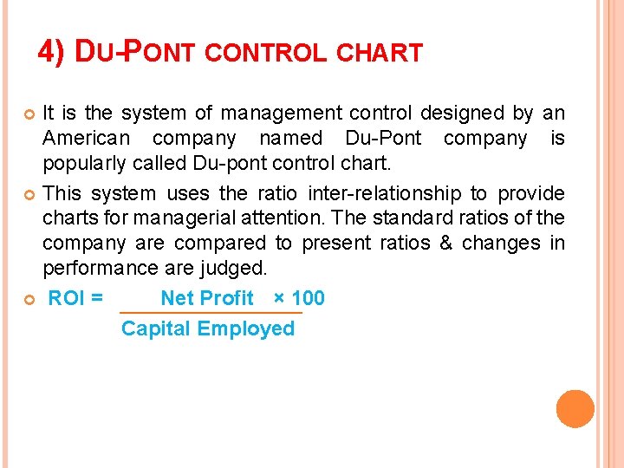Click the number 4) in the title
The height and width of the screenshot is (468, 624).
click(51, 53)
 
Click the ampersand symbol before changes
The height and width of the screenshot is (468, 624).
click(445, 244)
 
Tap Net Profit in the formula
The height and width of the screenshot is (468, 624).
click(207, 299)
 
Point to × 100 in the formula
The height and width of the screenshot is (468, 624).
click(299, 299)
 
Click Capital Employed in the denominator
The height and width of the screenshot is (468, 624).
click(208, 329)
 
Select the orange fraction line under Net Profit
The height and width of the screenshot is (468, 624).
click(210, 313)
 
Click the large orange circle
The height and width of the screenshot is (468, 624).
click(575, 409)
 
